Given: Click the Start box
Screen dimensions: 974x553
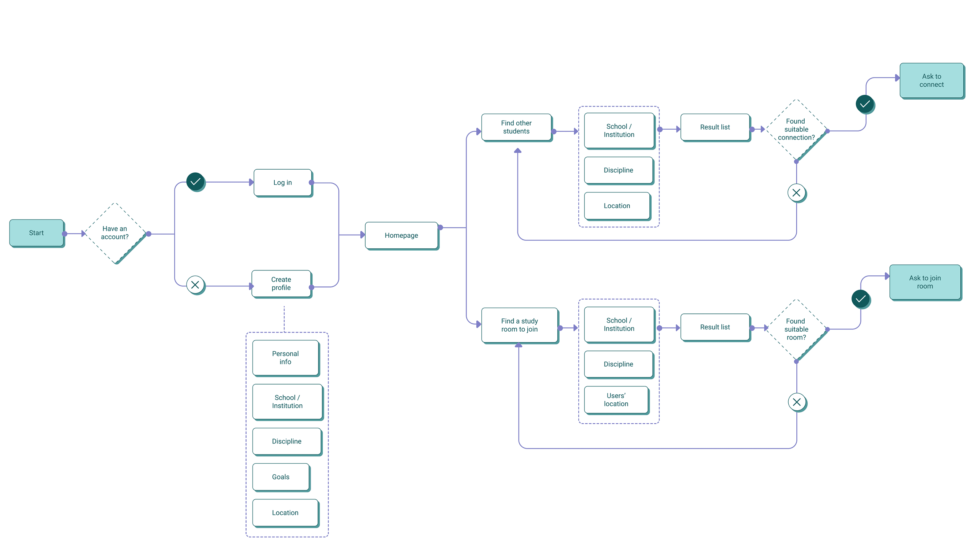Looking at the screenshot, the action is click(37, 233).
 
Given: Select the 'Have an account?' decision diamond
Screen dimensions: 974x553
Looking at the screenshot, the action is click(115, 233).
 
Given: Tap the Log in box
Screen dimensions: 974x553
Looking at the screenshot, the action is click(283, 183).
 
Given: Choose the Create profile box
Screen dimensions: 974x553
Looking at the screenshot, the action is click(282, 284).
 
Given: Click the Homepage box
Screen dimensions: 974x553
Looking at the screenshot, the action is click(402, 236).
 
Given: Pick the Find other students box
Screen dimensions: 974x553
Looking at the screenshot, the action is click(517, 127).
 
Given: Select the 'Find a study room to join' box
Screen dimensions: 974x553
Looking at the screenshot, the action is click(520, 326).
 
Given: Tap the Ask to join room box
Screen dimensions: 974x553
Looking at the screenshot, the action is click(925, 283).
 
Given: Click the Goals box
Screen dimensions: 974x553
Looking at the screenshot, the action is click(281, 477).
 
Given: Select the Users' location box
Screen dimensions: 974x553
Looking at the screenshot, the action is click(616, 400).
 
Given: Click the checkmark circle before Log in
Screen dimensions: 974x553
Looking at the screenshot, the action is click(196, 182).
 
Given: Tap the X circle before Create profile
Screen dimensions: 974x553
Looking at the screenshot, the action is click(196, 285).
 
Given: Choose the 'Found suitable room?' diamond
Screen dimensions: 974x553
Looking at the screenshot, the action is click(797, 330).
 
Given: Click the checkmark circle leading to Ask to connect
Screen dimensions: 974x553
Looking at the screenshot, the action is click(865, 104).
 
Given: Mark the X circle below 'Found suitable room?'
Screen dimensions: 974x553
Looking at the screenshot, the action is click(797, 402).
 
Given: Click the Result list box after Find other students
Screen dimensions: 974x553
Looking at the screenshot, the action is click(715, 127).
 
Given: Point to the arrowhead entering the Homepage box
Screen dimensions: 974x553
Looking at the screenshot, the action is click(363, 235).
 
